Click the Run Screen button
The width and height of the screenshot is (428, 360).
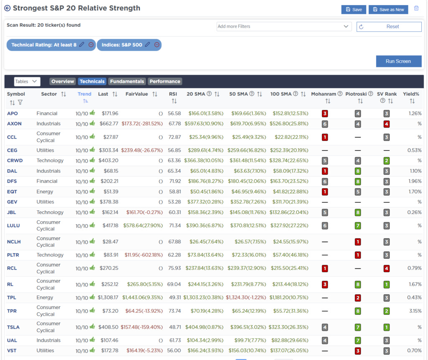click(398, 61)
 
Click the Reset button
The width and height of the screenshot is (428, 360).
click(389, 26)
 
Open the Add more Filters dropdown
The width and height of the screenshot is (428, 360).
click(284, 26)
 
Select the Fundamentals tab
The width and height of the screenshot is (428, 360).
click(127, 82)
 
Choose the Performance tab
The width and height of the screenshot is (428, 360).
click(165, 82)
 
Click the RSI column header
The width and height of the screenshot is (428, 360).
click(173, 94)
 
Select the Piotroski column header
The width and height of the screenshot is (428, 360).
click(357, 94)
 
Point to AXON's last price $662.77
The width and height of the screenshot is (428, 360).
click(108, 124)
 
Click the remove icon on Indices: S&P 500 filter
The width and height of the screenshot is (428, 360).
click(157, 45)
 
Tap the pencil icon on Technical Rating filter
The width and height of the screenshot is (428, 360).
click(82, 45)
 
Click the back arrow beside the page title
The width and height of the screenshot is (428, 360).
click(7, 8)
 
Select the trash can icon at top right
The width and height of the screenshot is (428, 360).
click(416, 8)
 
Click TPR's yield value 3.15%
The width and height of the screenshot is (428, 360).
click(415, 311)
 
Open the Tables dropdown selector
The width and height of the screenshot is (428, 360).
click(27, 82)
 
